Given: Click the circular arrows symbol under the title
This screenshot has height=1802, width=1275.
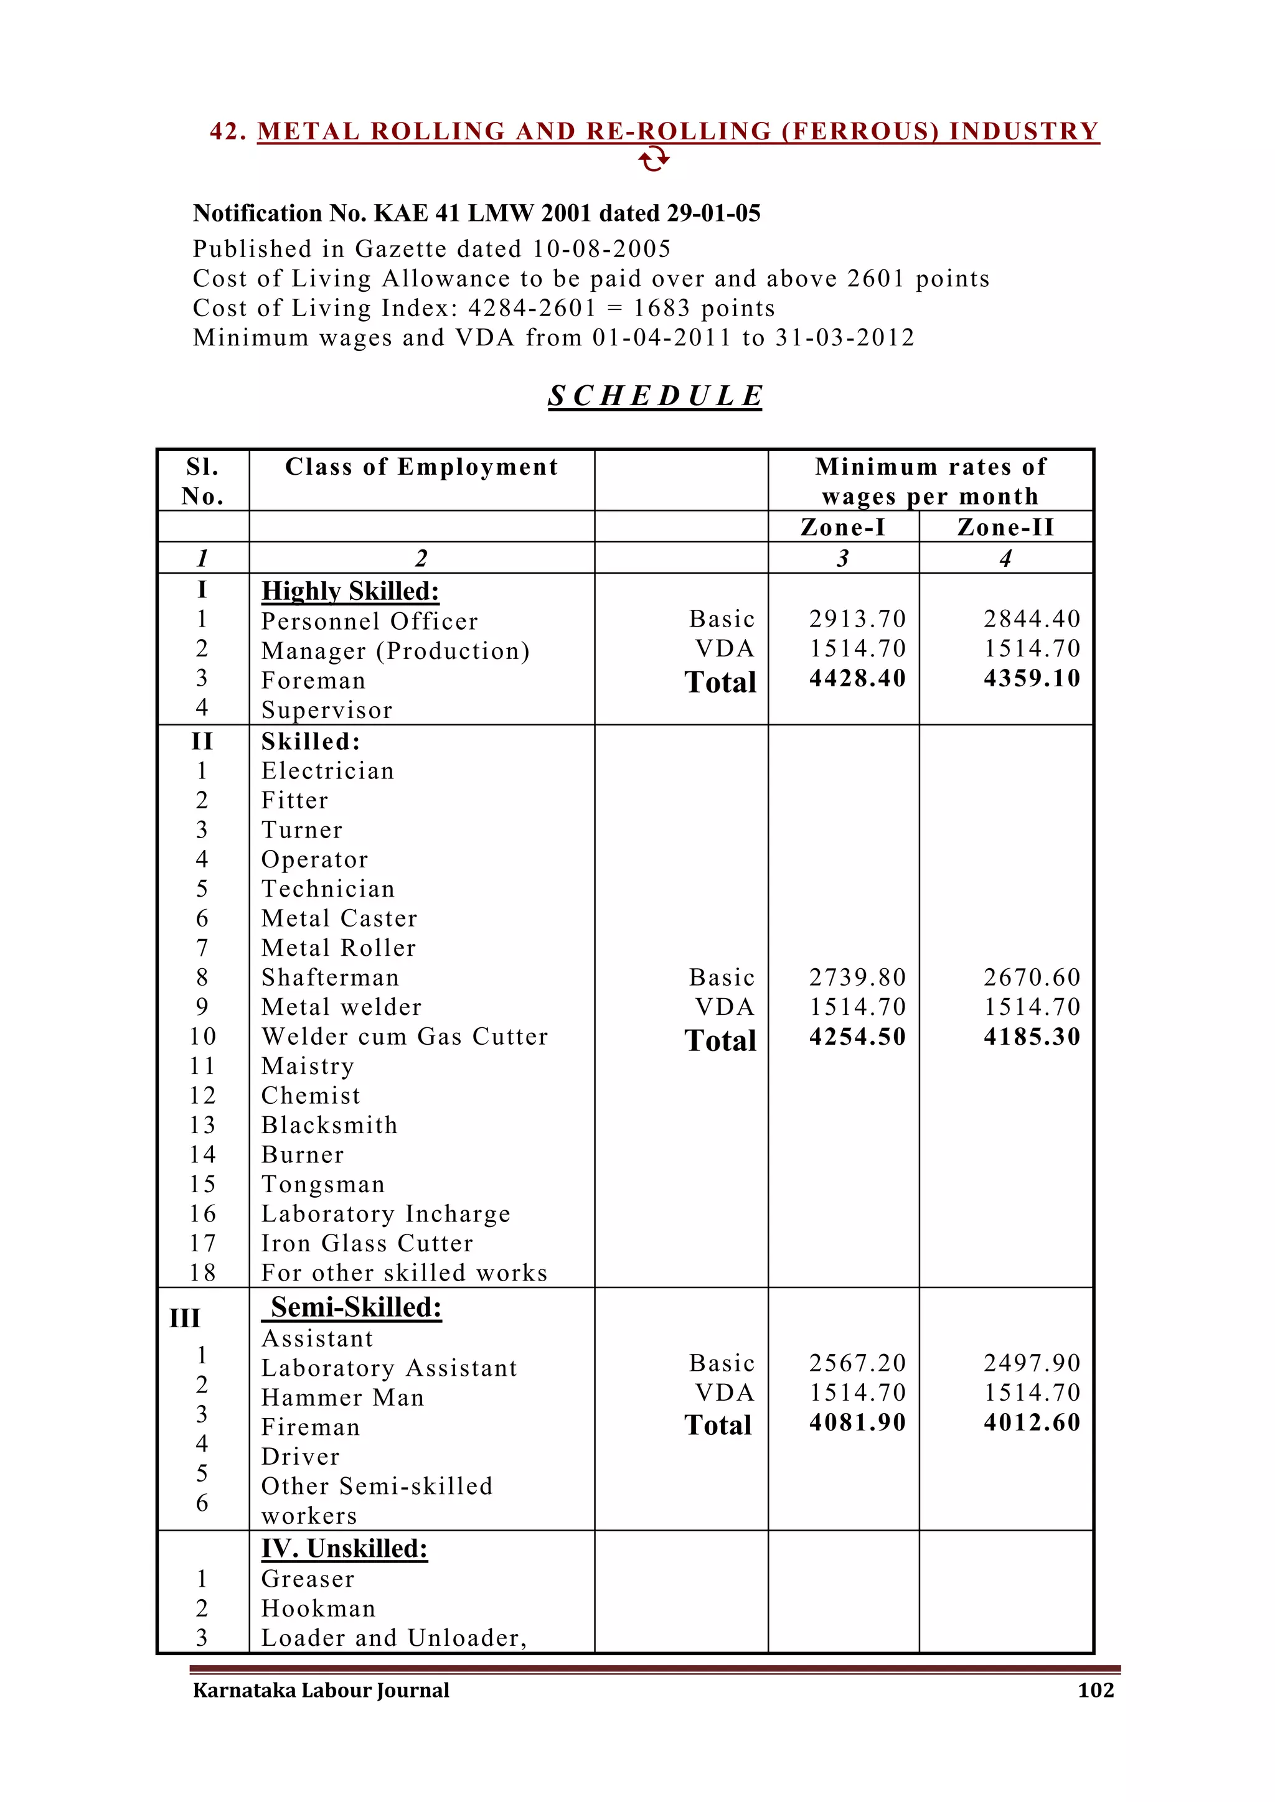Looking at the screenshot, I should coord(653,160).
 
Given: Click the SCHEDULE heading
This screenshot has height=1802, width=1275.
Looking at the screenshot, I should coord(655,396).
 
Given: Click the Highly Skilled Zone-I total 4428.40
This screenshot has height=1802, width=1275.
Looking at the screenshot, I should coord(857,678).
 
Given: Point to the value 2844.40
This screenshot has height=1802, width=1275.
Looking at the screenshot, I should coord(1032,619).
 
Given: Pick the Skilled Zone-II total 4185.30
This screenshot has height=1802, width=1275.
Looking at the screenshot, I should coord(1032,1037).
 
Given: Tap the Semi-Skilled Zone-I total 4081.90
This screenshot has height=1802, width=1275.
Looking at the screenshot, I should coord(857,1422).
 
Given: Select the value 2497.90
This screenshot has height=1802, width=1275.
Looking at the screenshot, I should coord(1032,1363).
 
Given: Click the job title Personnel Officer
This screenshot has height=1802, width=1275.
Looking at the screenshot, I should coord(369,622).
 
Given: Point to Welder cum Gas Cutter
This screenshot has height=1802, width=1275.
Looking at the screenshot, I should coord(404,1037).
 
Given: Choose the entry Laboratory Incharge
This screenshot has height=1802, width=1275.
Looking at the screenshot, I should coord(385,1214).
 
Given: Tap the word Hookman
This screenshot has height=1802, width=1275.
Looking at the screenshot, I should coord(318,1609).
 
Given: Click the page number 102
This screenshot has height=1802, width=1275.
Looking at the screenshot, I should coord(1095,1690).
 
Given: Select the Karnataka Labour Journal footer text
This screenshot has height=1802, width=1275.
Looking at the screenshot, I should coord(321,1690).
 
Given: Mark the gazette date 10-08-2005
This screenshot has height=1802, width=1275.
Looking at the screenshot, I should coord(601,250).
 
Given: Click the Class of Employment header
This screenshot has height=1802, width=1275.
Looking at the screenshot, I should coord(421,467).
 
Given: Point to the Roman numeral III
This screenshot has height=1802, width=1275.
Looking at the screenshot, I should coord(186,1319).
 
